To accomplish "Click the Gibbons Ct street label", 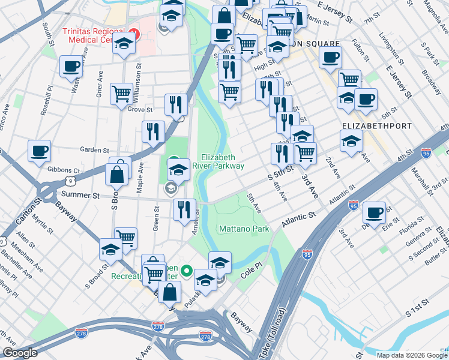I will pos(67,171).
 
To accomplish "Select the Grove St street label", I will pos(140,110).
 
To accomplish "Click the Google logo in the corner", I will pos(20,353).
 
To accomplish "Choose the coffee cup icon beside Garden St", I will pos(40,151).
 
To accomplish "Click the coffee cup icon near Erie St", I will pos(375,212).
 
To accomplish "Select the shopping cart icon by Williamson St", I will pos(122,94).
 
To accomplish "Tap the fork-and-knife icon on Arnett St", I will pos(184,209).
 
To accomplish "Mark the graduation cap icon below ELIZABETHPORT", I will pos(351,142).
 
